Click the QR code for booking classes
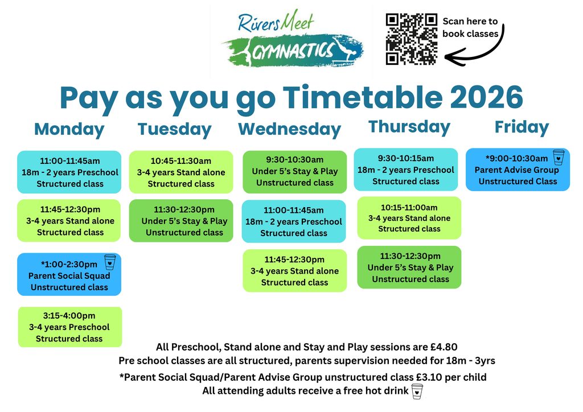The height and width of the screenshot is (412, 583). tap(411, 39)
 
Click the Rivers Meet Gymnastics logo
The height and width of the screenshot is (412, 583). tap(293, 39)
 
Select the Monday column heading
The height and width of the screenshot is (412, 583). tap(69, 130)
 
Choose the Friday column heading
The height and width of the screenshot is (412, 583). tap(522, 127)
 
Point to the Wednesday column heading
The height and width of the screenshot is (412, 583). tap(290, 130)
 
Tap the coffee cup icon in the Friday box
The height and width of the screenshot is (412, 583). tap(559, 157)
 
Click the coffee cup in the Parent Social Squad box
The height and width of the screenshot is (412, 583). tap(110, 262)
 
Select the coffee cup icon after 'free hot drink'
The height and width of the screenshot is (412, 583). tap(417, 392)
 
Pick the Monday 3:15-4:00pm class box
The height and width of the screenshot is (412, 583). tap(70, 327)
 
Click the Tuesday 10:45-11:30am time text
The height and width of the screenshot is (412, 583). tap(180, 161)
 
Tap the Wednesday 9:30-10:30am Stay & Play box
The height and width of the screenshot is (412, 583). tap(294, 172)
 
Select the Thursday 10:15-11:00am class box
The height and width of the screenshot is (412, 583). tap(409, 218)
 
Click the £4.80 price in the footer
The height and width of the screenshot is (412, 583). tap(444, 347)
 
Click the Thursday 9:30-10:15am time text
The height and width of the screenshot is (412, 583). tap(405, 158)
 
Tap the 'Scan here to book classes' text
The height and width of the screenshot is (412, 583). tap(470, 27)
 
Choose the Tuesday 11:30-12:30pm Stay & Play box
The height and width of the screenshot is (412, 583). tap(181, 221)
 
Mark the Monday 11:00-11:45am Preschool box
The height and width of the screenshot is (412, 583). tap(69, 172)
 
